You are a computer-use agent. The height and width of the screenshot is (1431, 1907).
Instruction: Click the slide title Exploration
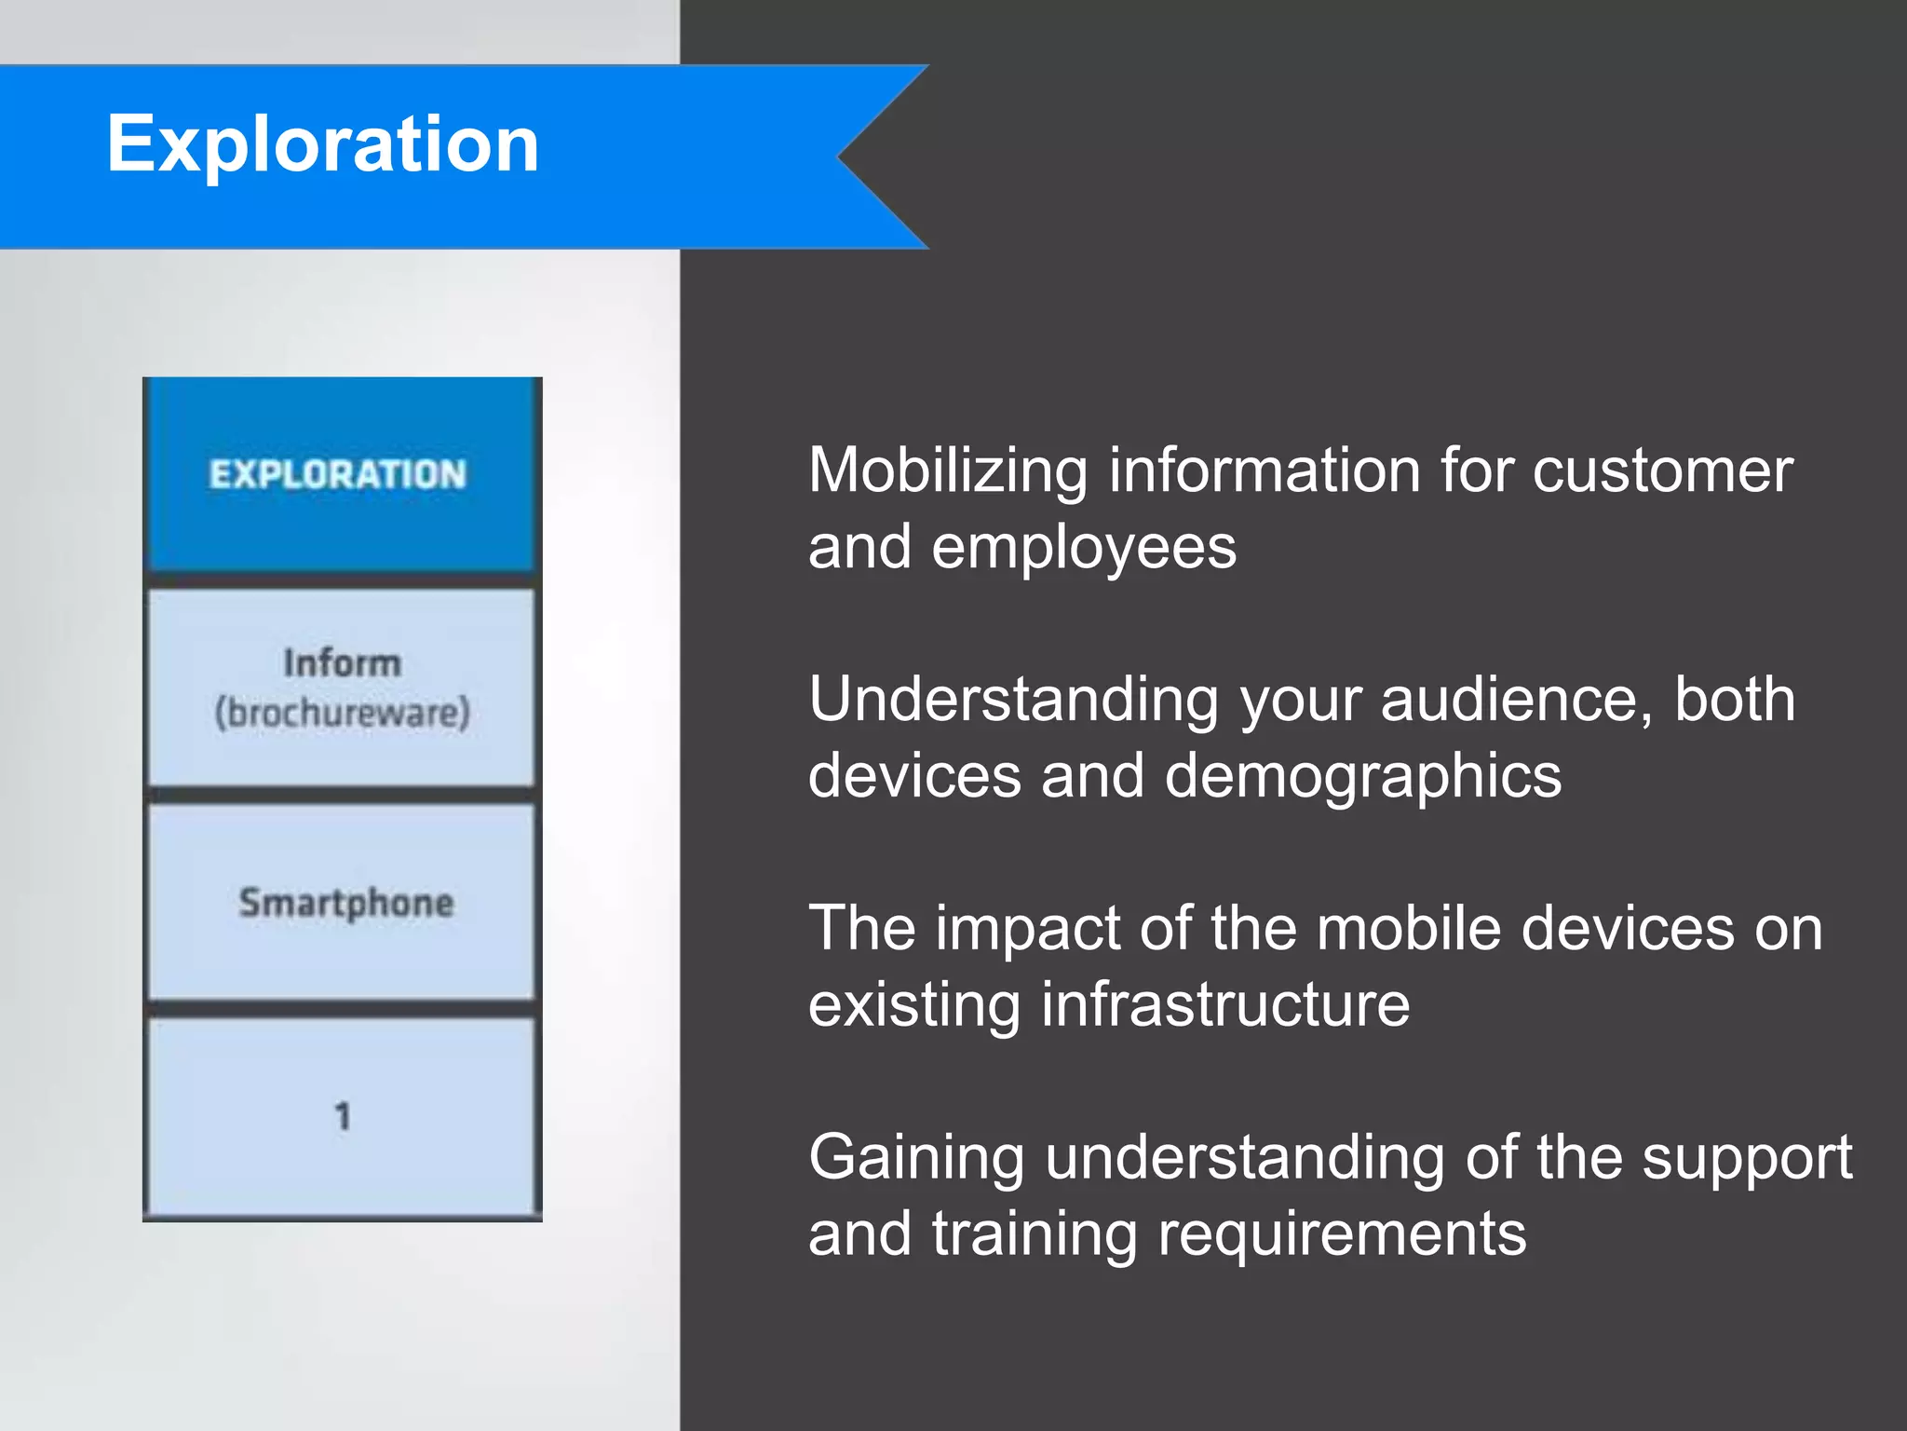(x=322, y=144)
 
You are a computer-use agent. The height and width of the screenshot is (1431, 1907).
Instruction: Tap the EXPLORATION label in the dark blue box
(x=337, y=474)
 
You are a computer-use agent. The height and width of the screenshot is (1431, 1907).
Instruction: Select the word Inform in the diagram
(x=342, y=663)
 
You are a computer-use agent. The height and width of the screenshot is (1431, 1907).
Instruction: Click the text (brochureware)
(x=342, y=713)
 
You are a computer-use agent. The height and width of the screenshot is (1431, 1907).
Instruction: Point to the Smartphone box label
(x=345, y=903)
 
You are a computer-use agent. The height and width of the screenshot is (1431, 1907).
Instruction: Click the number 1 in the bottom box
(x=343, y=1115)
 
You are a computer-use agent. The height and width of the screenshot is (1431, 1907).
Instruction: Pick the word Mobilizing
(x=947, y=470)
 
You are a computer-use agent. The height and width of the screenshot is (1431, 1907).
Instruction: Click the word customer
(x=1662, y=470)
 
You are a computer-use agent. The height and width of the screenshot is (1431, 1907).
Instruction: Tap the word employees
(x=1084, y=548)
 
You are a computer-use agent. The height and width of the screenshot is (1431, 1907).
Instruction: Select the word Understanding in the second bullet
(x=1013, y=700)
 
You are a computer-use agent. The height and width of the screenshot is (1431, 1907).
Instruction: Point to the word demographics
(x=1362, y=776)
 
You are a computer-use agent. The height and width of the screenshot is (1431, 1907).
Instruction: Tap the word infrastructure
(x=1224, y=1004)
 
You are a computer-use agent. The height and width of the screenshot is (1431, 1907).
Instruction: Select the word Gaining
(x=916, y=1158)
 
